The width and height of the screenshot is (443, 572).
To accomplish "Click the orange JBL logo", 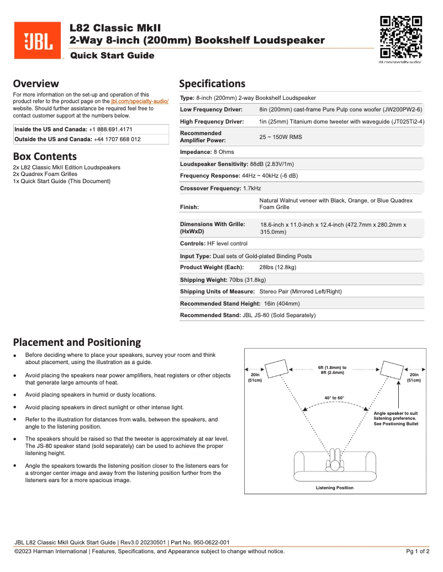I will tap(38, 40).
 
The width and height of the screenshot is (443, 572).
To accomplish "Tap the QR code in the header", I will tap(402, 38).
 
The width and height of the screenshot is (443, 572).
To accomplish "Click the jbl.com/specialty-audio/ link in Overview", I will tap(140, 102).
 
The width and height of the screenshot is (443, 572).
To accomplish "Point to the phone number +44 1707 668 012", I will tap(117, 140).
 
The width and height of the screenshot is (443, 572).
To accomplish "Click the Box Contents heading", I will tap(45, 156).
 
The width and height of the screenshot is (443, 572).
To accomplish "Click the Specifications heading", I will tap(212, 84).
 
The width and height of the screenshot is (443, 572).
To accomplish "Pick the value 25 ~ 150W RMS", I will tap(281, 137).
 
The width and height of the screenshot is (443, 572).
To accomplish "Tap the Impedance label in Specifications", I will tap(194, 152).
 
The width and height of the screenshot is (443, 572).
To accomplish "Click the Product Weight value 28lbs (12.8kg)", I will tap(278, 268).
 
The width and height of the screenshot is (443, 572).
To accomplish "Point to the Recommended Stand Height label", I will tap(220, 303).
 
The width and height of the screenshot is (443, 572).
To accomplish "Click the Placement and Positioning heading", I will tap(77, 342).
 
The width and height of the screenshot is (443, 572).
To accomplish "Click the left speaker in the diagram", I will tap(276, 369).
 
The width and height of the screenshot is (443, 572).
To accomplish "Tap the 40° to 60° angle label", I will tap(334, 398).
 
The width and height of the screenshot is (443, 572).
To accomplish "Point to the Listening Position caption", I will tap(334, 488).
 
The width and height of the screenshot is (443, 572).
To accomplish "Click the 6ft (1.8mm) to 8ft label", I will tap(332, 370).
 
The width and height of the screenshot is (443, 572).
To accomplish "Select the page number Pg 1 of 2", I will tap(418, 551).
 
